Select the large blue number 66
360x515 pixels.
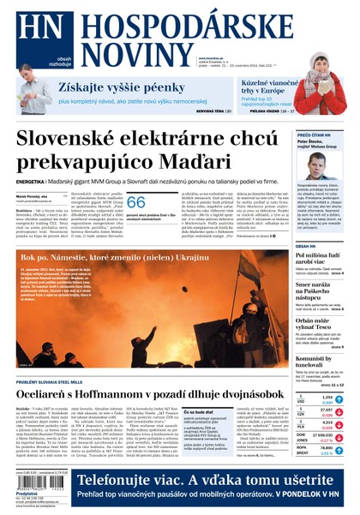pos(136,202)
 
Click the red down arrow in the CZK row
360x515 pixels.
pos(338,412)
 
